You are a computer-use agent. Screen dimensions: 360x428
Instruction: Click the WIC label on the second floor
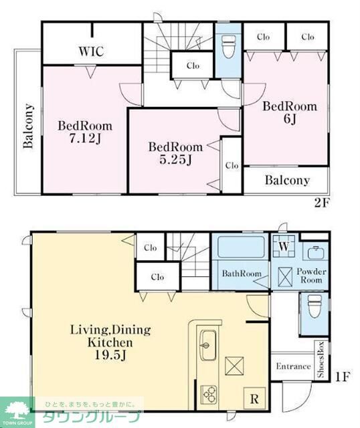click(91, 51)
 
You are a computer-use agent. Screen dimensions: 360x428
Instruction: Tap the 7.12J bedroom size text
click(85, 138)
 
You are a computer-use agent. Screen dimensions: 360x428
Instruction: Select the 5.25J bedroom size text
click(175, 159)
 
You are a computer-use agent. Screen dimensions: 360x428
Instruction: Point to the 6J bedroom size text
click(290, 119)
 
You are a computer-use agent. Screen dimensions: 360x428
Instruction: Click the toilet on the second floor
click(228, 47)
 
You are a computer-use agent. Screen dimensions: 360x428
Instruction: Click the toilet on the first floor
click(314, 306)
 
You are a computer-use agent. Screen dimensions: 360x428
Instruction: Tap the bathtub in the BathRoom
click(241, 247)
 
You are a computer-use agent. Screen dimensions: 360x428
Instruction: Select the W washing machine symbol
click(284, 246)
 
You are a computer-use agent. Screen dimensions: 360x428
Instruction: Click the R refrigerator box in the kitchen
click(254, 399)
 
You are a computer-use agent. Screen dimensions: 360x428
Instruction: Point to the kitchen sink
click(209, 345)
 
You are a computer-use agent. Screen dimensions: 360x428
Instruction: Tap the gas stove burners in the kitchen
click(209, 395)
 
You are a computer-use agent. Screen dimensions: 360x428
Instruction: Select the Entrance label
click(293, 366)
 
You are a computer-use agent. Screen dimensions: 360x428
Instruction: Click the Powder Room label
click(311, 276)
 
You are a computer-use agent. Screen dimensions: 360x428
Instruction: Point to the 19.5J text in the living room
click(110, 355)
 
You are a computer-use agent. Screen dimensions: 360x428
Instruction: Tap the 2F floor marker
click(323, 203)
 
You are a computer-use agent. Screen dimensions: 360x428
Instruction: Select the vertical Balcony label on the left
click(28, 126)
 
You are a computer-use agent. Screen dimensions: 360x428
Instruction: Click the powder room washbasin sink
click(316, 253)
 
